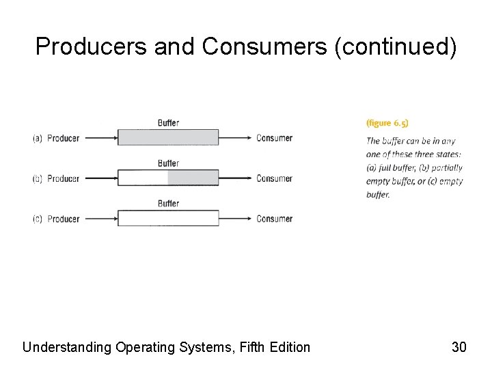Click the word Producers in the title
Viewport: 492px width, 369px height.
pos(92,46)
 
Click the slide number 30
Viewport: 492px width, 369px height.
pos(459,347)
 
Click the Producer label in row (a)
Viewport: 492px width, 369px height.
pos(63,138)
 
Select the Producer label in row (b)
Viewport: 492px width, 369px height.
pos(63,178)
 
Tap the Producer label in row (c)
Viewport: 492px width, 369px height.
pos(63,219)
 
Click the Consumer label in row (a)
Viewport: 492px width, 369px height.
pos(274,138)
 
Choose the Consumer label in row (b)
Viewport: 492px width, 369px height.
pos(274,178)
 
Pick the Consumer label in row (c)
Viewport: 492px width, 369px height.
pos(274,219)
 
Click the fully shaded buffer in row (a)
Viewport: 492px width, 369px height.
pos(168,137)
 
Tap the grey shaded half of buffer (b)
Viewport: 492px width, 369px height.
pos(193,178)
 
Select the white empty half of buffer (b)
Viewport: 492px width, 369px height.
pos(143,178)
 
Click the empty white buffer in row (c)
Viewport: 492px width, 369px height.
pos(168,219)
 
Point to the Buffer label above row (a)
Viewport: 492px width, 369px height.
pos(168,123)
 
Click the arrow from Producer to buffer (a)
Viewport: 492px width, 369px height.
pos(100,137)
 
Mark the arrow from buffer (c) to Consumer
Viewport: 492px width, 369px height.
pos(236,219)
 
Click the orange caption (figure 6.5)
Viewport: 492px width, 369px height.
pos(388,123)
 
